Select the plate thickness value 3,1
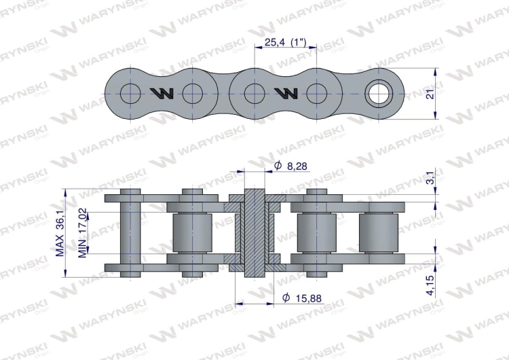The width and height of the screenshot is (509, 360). tap(429, 179)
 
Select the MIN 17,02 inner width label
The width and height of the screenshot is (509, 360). tap(81, 232)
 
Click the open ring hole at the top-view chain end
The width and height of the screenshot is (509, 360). tap(379, 92)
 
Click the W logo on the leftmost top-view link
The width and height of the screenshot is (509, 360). tap(162, 93)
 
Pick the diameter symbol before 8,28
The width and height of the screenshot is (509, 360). tap(277, 166)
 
